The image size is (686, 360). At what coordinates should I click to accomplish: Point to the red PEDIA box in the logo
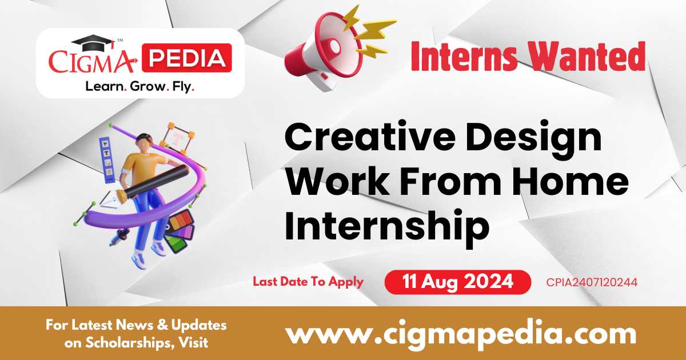pos(187,58)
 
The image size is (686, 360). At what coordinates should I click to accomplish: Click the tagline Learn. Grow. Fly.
pos(139,86)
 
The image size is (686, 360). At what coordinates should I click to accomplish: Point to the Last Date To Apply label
pos(308,281)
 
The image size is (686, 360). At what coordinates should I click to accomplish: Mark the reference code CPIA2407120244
pos(592,282)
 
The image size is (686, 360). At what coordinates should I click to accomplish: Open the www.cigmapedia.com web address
pos(460,333)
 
